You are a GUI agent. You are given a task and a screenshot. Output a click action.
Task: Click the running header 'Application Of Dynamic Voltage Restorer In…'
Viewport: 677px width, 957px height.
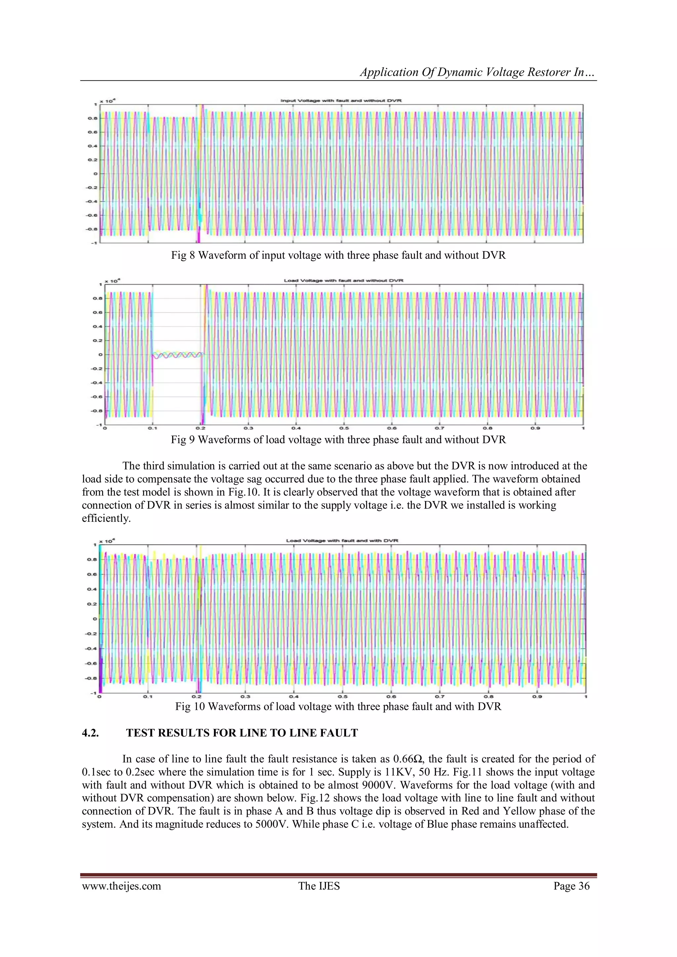478,72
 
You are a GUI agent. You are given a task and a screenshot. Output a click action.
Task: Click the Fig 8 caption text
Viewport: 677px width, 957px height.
338,255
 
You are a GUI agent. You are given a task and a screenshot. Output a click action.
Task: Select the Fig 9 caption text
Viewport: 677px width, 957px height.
338,440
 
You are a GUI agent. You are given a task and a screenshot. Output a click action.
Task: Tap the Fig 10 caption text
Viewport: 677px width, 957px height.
338,707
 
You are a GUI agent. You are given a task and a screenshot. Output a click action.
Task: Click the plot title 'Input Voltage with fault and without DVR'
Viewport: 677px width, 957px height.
341,100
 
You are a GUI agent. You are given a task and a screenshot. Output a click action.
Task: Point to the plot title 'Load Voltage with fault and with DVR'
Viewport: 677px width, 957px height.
342,541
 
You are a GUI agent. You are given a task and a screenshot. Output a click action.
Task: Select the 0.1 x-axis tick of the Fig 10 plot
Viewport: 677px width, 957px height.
147,697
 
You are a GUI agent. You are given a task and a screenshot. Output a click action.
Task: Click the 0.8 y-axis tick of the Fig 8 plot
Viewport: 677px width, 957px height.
92,118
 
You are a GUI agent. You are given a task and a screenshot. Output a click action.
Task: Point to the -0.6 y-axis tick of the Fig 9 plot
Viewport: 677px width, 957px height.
97,397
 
